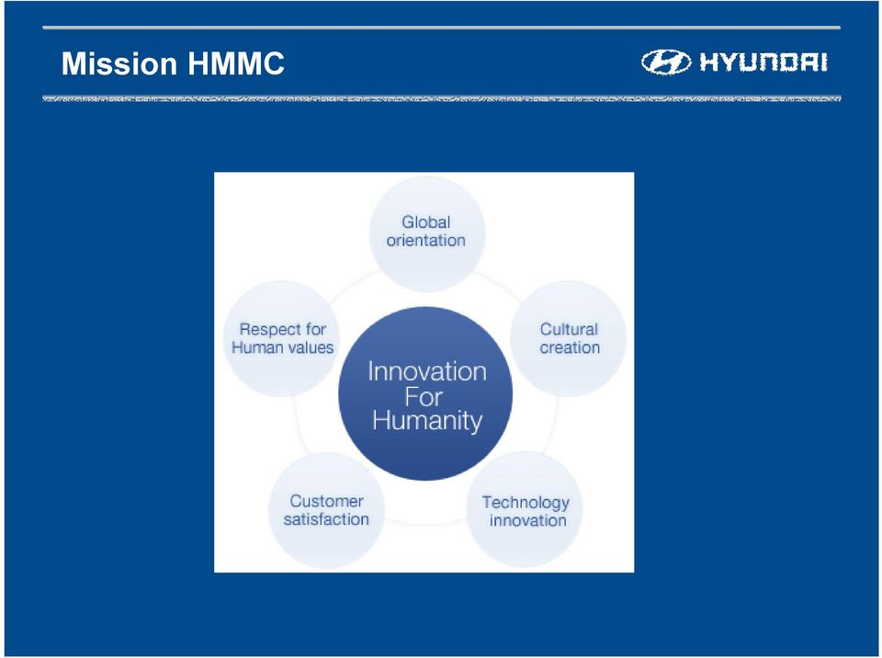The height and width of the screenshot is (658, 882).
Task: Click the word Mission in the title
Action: point(119,63)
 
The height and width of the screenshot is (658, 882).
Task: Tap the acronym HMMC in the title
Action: point(236,63)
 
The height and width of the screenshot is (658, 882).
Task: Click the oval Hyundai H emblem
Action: point(666,62)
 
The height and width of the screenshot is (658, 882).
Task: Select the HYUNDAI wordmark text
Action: point(763,62)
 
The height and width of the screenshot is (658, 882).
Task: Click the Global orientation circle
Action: point(427,233)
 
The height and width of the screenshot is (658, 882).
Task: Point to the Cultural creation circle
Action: point(568,338)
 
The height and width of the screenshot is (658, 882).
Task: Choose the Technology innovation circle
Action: point(525,509)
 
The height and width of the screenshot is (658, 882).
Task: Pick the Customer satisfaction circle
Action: point(327,510)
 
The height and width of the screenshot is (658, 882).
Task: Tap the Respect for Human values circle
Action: point(282,338)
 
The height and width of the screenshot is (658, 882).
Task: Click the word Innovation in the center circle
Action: point(427,371)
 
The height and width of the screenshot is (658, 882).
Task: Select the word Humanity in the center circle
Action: point(427,421)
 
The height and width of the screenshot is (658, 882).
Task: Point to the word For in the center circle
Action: point(424,397)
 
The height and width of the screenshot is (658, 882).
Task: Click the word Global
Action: point(425,221)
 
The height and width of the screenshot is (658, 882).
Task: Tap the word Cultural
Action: point(569,329)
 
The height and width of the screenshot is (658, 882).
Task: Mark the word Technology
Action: point(526,503)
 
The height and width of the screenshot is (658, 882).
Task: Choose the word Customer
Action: point(326,501)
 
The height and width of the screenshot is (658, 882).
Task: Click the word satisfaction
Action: point(326,519)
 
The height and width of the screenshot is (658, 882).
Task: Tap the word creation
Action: point(570,347)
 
